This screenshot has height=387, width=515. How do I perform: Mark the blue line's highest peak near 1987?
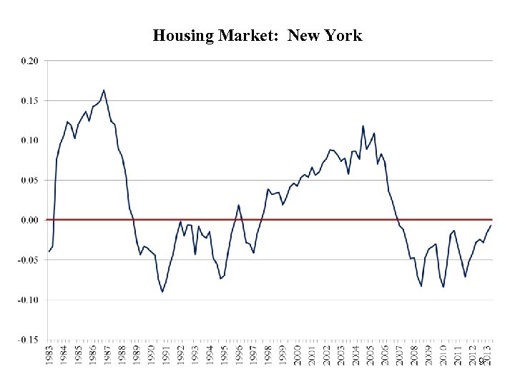pyautogui.click(x=104, y=90)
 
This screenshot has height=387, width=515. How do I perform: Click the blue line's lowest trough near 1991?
pyautogui.click(x=162, y=292)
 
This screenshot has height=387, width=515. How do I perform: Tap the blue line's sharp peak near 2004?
pyautogui.click(x=363, y=126)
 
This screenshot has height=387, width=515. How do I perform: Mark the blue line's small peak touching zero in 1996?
pyautogui.click(x=238, y=206)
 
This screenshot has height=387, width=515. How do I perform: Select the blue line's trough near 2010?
pyautogui.click(x=443, y=287)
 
